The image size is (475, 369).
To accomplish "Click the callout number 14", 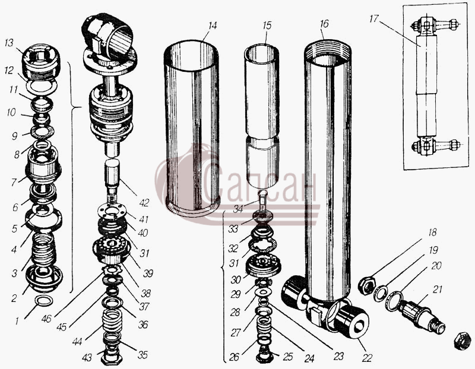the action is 213,26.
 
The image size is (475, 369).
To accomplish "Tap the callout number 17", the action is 374,19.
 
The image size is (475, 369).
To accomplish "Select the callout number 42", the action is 144,202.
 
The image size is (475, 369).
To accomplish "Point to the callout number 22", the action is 367,358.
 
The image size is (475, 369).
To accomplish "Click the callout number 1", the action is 17,320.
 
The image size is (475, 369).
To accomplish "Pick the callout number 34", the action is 238,209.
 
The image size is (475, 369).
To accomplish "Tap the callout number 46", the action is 46,319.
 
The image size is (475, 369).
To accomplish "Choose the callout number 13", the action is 9,43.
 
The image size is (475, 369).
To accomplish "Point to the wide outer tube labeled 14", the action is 192,128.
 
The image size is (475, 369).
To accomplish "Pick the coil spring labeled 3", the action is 44,250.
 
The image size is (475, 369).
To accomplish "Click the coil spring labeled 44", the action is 112,321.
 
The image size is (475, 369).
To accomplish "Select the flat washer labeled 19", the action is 380,292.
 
